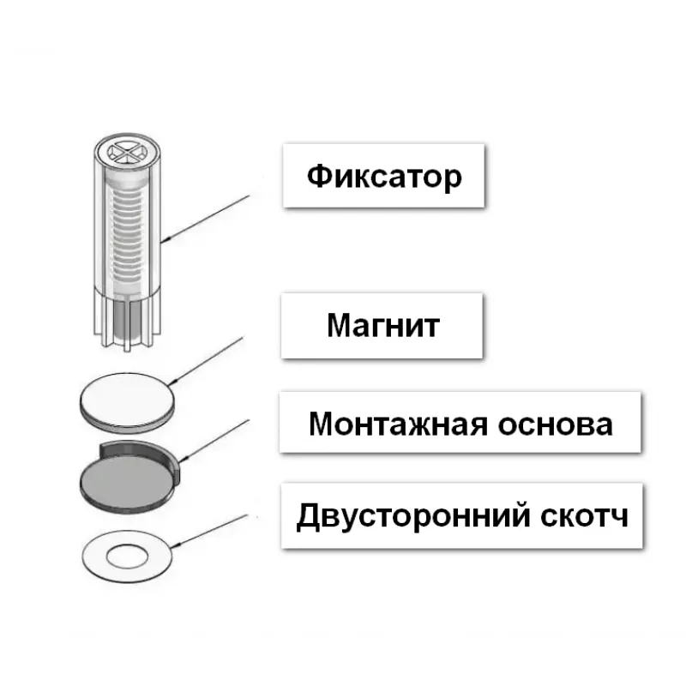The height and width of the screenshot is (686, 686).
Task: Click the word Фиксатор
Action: click(384, 177)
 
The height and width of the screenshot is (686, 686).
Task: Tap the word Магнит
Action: click(383, 325)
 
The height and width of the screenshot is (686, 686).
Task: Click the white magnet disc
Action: click(126, 397)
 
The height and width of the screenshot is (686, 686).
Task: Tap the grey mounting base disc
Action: click(124, 477)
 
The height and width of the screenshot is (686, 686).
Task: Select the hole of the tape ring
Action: click(127, 557)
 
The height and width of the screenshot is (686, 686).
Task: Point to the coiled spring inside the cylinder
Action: click(127, 232)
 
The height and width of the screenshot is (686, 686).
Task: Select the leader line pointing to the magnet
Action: click(210, 360)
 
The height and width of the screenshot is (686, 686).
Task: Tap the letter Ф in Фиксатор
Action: click(317, 177)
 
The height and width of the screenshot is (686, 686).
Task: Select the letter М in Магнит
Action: click(338, 325)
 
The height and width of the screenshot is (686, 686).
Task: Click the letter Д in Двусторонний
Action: click(308, 518)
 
